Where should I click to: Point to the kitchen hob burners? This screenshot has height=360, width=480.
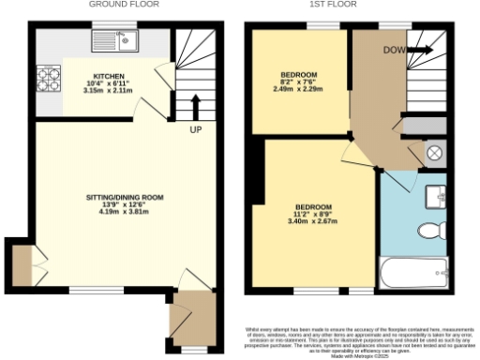[x=47, y=74]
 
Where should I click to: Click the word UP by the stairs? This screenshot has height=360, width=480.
[x=196, y=128]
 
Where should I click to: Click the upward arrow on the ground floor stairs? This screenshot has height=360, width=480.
[x=195, y=104]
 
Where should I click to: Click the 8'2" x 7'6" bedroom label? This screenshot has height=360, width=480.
[x=299, y=82]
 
